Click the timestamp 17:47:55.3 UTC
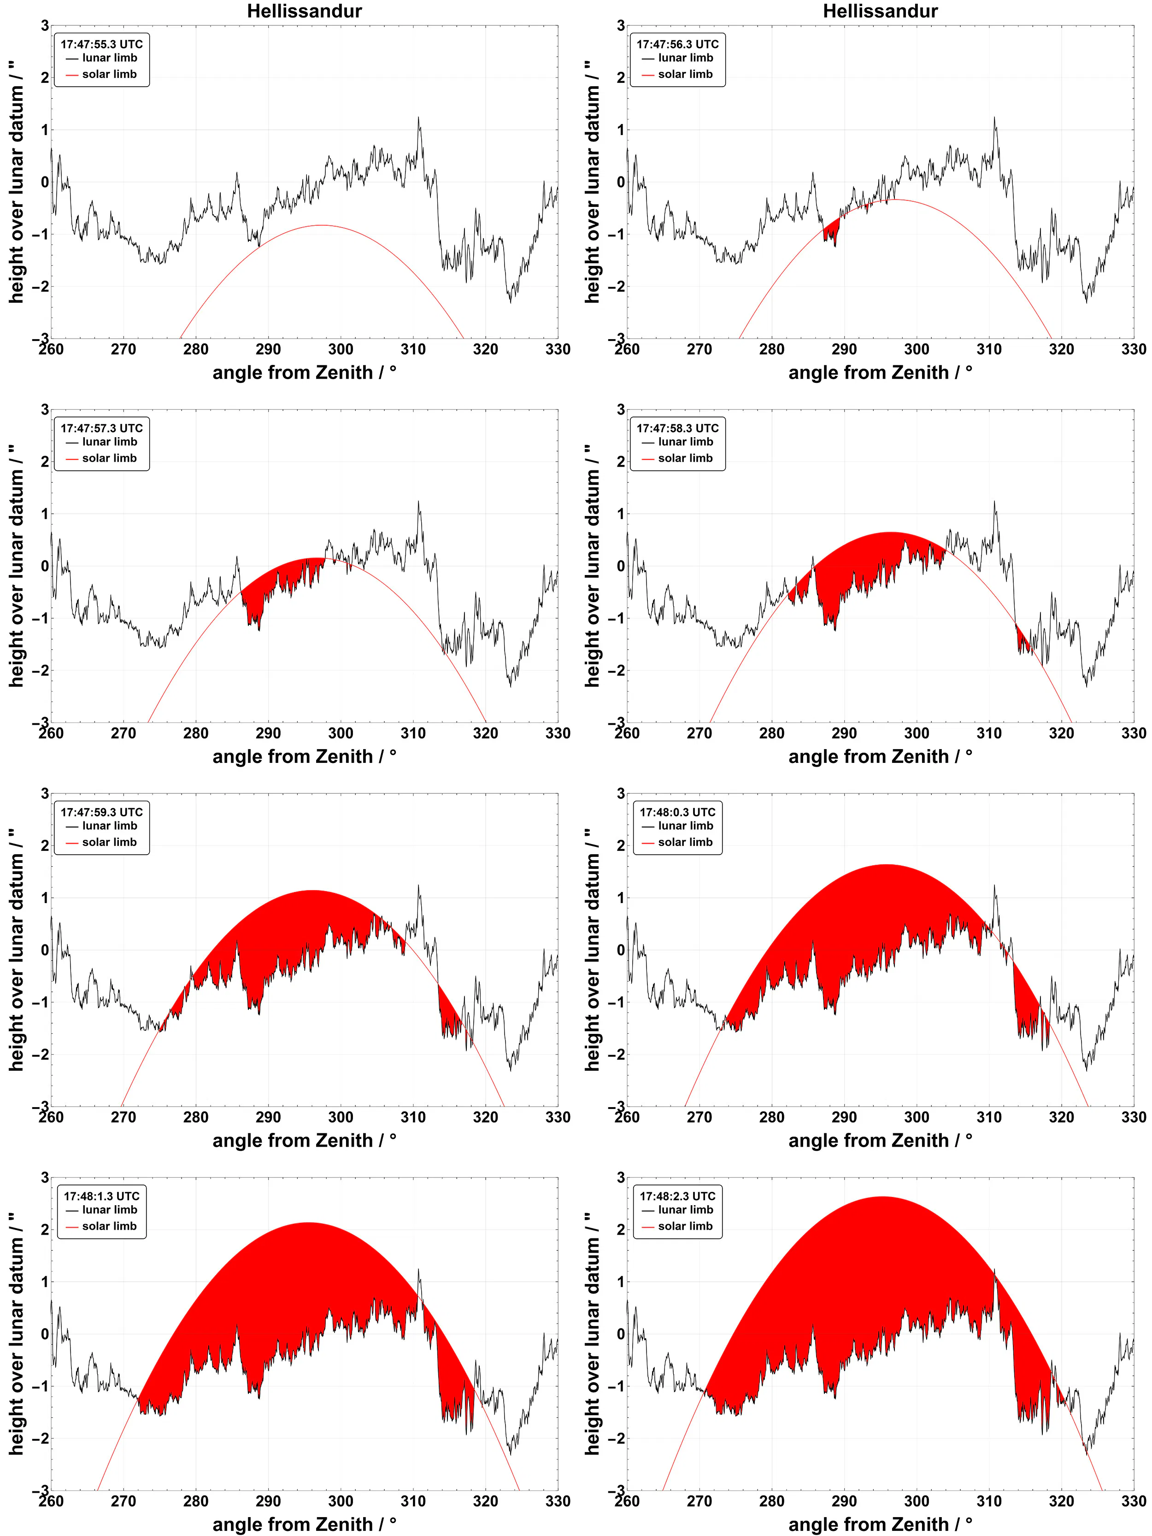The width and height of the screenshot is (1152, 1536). click(x=101, y=44)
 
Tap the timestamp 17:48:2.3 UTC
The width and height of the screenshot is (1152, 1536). click(x=677, y=1196)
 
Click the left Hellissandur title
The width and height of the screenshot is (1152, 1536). click(x=304, y=11)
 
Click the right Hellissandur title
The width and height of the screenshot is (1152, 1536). click(x=880, y=11)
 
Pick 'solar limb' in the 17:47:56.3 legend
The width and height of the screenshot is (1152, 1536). click(x=685, y=74)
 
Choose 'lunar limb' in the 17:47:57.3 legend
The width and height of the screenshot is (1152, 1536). click(x=109, y=442)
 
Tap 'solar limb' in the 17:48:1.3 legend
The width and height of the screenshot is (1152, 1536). click(x=109, y=1226)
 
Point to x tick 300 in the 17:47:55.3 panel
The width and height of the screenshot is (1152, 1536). click(x=340, y=349)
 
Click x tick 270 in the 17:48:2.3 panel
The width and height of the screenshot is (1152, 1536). click(x=699, y=1501)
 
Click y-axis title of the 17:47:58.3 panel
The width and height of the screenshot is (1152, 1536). click(x=592, y=566)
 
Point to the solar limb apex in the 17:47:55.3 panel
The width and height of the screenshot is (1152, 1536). click(x=321, y=225)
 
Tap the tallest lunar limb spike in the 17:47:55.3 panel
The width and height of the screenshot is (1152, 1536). click(x=419, y=118)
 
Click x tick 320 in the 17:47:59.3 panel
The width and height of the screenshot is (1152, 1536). click(x=485, y=1117)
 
